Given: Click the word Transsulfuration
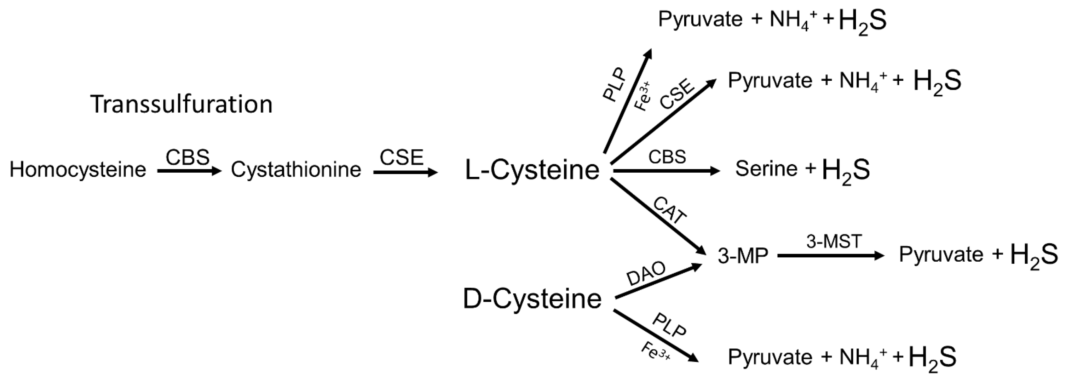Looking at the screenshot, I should click(181, 104).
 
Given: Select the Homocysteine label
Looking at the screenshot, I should click(78, 170).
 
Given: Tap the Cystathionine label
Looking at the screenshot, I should click(296, 170).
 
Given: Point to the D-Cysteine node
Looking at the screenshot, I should click(532, 299).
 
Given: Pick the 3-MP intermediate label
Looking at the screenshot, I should click(743, 256).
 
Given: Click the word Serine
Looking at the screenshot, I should click(766, 169).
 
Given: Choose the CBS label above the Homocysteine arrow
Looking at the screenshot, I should click(188, 157).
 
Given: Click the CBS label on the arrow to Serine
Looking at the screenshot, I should click(667, 157).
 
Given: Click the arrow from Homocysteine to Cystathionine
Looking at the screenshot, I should click(189, 171).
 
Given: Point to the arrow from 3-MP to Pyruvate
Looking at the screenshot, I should click(830, 256).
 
